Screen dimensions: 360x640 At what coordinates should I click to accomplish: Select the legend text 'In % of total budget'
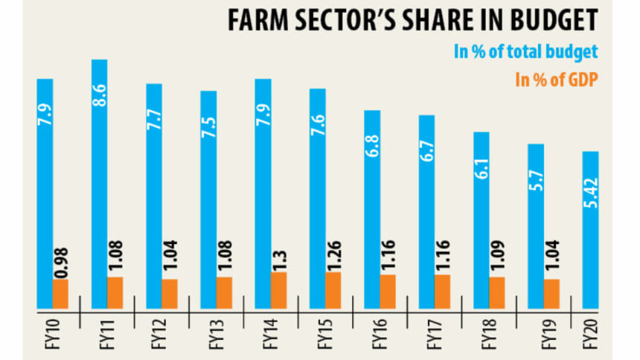pos(526,52)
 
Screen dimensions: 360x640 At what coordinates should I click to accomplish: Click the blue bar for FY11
pos(99,186)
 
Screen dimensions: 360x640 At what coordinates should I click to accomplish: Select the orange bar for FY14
pos(279,291)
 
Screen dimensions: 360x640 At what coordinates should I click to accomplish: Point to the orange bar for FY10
pos(60,294)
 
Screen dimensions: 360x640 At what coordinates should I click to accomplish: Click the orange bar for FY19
pos(551,294)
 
